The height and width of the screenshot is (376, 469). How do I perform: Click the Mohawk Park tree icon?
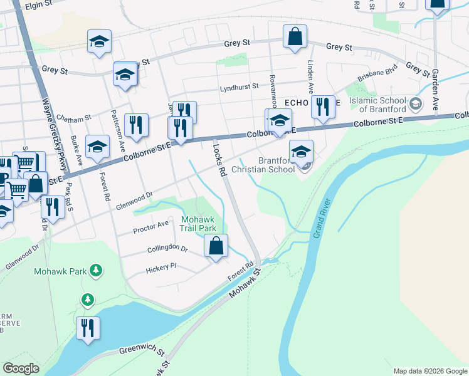pos(96,271)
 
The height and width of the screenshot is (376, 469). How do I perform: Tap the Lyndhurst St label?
pos(239,88)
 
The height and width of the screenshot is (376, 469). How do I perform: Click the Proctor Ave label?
pos(150,227)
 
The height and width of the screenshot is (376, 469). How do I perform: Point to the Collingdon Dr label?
pos(167,249)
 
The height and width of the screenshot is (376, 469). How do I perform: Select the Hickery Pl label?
pos(161,268)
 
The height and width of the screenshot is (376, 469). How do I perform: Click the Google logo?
pos(21,368)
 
